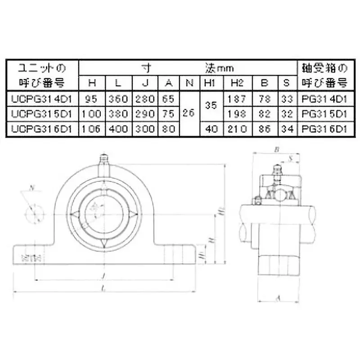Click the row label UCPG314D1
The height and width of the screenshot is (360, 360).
pos(42,98)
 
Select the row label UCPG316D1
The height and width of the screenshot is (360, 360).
pos(42,129)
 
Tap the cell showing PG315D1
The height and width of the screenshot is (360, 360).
pos(323,113)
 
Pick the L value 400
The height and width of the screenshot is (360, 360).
pos(118,129)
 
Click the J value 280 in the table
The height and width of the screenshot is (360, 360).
pos(145,98)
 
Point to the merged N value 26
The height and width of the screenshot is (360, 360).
pos(189,113)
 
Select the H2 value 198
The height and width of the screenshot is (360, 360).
pos(237,113)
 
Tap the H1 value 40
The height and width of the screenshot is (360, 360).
pos(211,129)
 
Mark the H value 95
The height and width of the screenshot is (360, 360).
pos(92,98)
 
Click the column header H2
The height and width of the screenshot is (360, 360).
pos(237,82)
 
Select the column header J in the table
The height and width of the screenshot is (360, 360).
pos(145,82)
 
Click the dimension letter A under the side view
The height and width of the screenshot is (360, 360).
pos(278,297)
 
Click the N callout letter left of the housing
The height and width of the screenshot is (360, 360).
pos(31,188)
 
